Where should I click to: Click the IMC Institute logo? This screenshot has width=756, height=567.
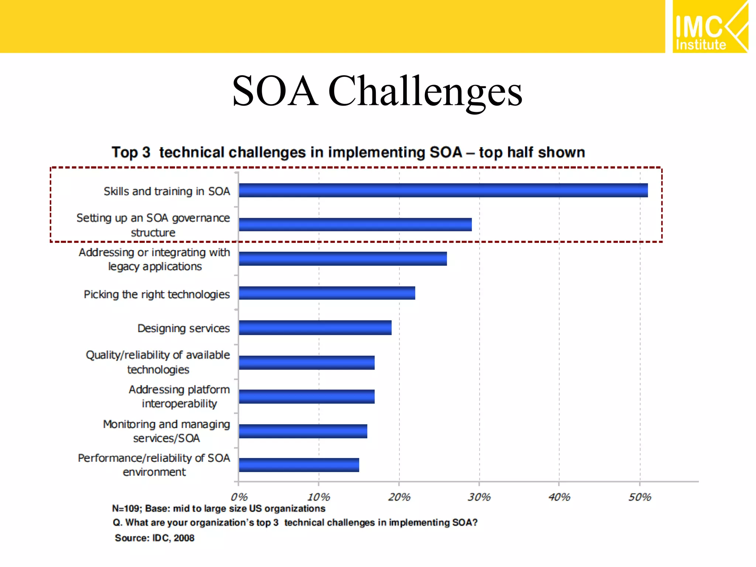[710, 27]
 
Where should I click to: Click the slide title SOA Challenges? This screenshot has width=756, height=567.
[377, 91]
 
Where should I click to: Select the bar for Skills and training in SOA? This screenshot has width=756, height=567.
[443, 190]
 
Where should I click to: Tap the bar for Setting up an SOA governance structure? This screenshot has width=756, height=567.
[355, 224]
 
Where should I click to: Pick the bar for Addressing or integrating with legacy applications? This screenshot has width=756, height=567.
[343, 259]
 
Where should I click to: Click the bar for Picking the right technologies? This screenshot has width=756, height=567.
[327, 293]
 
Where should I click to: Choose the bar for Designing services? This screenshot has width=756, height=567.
[315, 327]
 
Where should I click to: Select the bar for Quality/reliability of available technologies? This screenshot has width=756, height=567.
[306, 362]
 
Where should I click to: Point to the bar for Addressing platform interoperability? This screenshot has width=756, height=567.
[306, 396]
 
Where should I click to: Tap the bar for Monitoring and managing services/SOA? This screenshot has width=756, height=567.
[303, 431]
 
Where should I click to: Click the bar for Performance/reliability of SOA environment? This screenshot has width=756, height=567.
[299, 465]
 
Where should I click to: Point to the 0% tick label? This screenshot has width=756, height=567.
[239, 497]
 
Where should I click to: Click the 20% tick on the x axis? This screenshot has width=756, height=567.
[399, 497]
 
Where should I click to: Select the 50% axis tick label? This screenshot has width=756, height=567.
[640, 497]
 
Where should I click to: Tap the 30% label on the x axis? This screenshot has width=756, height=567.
[479, 497]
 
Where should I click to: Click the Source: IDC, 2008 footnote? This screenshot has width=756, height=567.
[154, 538]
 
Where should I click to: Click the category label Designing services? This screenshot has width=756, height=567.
[183, 328]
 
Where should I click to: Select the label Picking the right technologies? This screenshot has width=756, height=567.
[157, 294]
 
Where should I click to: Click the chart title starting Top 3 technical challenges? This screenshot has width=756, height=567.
[348, 152]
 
